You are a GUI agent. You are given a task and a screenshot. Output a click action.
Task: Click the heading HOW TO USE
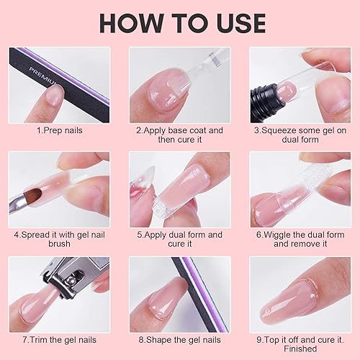coord(180,22)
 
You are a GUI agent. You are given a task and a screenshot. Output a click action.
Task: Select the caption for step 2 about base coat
coord(180,135)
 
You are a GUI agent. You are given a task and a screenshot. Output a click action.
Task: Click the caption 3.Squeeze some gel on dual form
coord(300,135)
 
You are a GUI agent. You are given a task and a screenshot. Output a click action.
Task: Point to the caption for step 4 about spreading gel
coord(60,239)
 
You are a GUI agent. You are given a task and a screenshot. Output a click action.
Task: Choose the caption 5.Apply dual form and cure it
coord(180,239)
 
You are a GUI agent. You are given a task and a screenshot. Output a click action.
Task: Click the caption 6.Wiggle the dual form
coord(300,239)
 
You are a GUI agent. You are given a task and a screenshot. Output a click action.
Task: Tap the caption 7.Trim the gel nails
coord(60,339)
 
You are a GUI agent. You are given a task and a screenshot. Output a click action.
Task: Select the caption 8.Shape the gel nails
coord(180,339)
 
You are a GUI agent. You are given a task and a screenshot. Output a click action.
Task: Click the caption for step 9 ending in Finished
coord(300,343)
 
